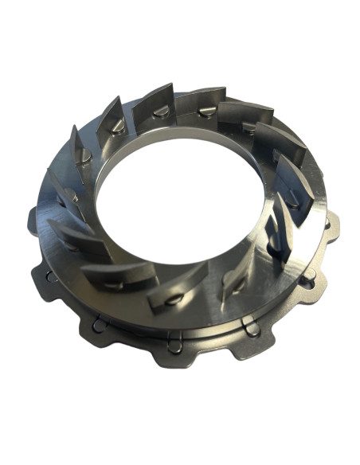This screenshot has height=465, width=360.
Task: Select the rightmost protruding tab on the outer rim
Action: [333, 231]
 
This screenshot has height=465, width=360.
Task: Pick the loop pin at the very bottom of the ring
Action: [185, 344]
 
